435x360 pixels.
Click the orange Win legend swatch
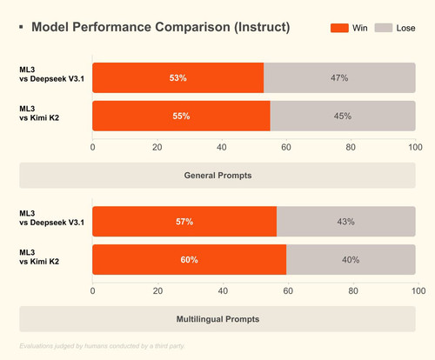coord(339,28)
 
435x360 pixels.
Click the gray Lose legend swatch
coord(384,28)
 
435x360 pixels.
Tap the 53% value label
coord(178,78)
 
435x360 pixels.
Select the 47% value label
coord(339,78)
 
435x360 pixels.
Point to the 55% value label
coord(181,116)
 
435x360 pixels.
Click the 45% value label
coord(343,116)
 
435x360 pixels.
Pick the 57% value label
coord(184,222)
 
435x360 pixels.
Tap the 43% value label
coord(345,222)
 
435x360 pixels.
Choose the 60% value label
coord(190,260)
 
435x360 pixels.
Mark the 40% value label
coord(351,260)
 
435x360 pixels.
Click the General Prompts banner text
coord(217,176)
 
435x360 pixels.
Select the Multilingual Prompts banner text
coord(217,319)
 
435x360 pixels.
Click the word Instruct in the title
coord(262,27)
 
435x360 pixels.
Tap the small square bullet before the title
coord(21,27)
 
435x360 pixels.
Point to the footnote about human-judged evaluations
coord(102,346)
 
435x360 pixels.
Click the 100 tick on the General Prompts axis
coord(415,147)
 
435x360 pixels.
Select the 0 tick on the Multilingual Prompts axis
coord(92,290)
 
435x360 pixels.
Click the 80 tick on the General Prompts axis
coord(351,147)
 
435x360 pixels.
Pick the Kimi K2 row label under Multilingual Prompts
coord(39,257)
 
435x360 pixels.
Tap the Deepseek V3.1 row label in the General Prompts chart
coord(51,74)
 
